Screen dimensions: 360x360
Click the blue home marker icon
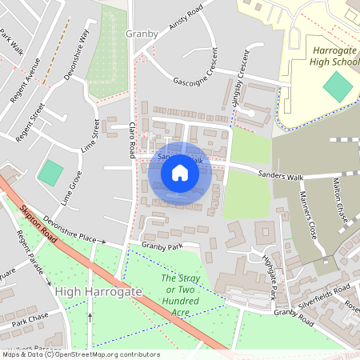click(x=180, y=173)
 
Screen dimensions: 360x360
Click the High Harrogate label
click(x=98, y=293)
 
